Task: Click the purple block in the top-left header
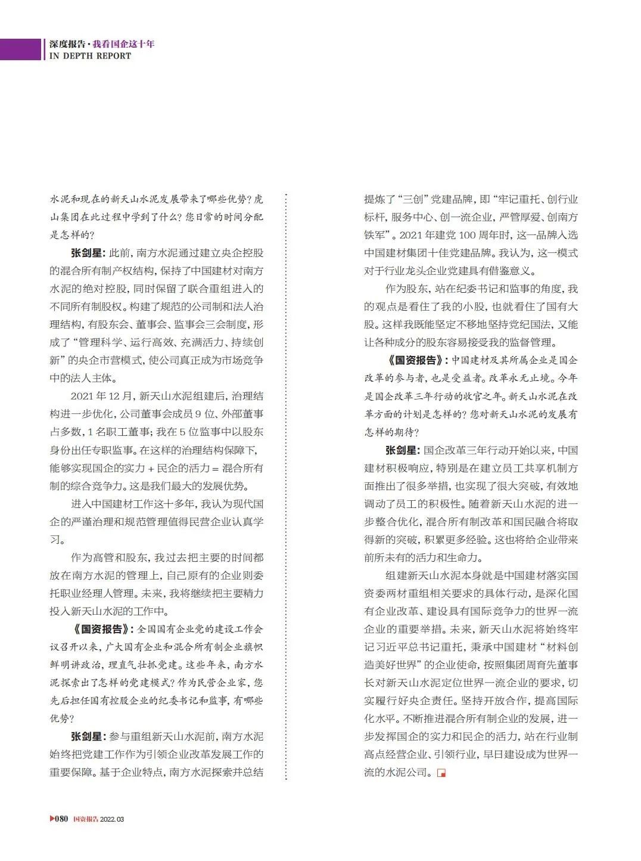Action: click(20, 49)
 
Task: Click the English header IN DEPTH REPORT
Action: click(90, 56)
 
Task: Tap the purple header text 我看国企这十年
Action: click(123, 44)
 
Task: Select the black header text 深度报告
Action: click(67, 44)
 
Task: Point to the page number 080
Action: click(62, 819)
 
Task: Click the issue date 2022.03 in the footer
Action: click(112, 819)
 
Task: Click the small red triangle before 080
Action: click(52, 819)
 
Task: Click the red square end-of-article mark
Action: click(441, 773)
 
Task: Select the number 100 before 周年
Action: click(467, 235)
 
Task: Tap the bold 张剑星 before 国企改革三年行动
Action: click(403, 450)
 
